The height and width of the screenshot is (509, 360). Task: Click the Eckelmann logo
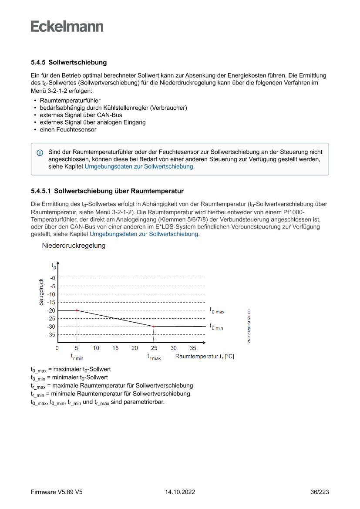click(x=67, y=27)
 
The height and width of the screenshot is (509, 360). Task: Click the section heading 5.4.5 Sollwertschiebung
click(x=69, y=63)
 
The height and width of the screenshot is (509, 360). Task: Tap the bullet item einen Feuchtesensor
click(x=68, y=130)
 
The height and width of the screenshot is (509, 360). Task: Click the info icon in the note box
click(x=40, y=152)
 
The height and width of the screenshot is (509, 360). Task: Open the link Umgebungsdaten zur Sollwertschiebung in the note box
click(x=139, y=166)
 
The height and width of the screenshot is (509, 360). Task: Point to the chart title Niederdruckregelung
click(x=74, y=246)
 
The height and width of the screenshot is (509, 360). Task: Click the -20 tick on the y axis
click(x=52, y=310)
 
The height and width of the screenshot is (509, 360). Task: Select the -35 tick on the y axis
click(x=52, y=335)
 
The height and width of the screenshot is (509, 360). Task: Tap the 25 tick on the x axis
click(x=154, y=348)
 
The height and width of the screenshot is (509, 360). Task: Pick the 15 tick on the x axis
click(x=115, y=348)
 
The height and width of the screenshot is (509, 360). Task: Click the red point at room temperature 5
click(x=77, y=310)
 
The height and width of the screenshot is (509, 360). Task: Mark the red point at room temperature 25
click(x=154, y=326)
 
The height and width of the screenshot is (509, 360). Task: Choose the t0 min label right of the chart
click(x=216, y=327)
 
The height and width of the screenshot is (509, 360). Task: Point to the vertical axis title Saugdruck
click(x=41, y=292)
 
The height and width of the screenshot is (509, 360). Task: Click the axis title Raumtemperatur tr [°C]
click(x=205, y=357)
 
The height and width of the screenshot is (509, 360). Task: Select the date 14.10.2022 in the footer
click(x=180, y=492)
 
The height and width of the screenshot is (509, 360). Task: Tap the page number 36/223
click(x=320, y=492)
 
